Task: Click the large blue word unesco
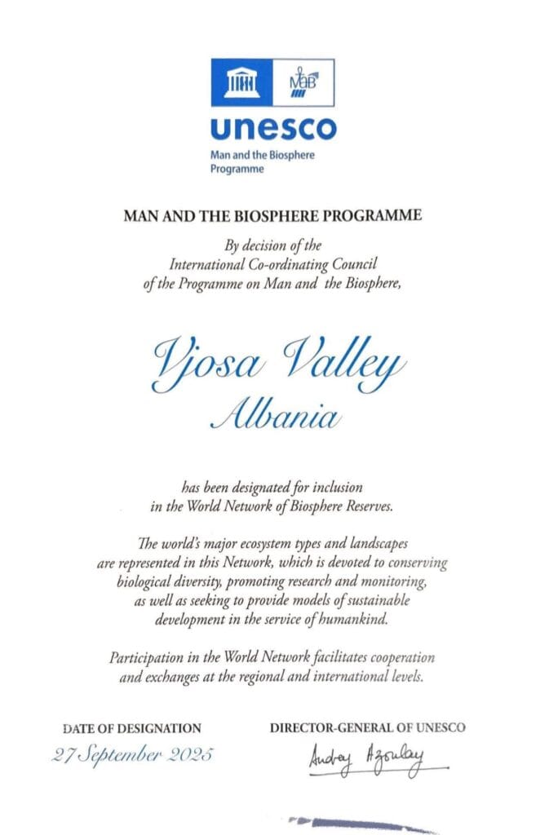(x=272, y=128)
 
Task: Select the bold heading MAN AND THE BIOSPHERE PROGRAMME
(x=272, y=216)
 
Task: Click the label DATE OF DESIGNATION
(x=131, y=728)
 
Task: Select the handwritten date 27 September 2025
(x=134, y=754)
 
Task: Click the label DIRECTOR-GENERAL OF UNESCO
(x=368, y=727)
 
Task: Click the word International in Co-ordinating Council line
(x=208, y=263)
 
